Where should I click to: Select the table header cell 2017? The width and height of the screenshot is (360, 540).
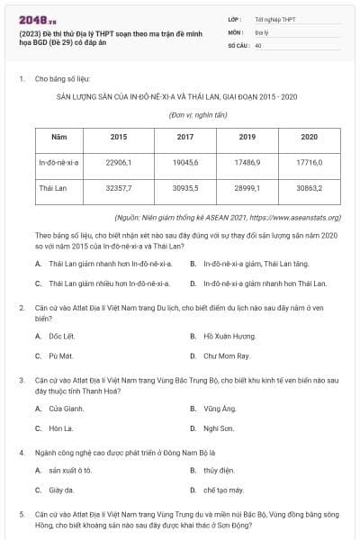(x=185, y=137)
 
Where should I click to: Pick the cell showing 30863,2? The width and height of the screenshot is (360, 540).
(x=309, y=191)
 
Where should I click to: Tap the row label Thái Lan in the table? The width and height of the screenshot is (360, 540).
(x=55, y=191)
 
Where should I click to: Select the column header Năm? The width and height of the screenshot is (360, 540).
(x=59, y=137)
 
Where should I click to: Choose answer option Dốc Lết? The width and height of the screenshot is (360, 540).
(x=60, y=336)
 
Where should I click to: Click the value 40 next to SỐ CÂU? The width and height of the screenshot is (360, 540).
(x=258, y=44)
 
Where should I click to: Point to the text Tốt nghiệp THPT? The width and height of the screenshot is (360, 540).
(x=274, y=18)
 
